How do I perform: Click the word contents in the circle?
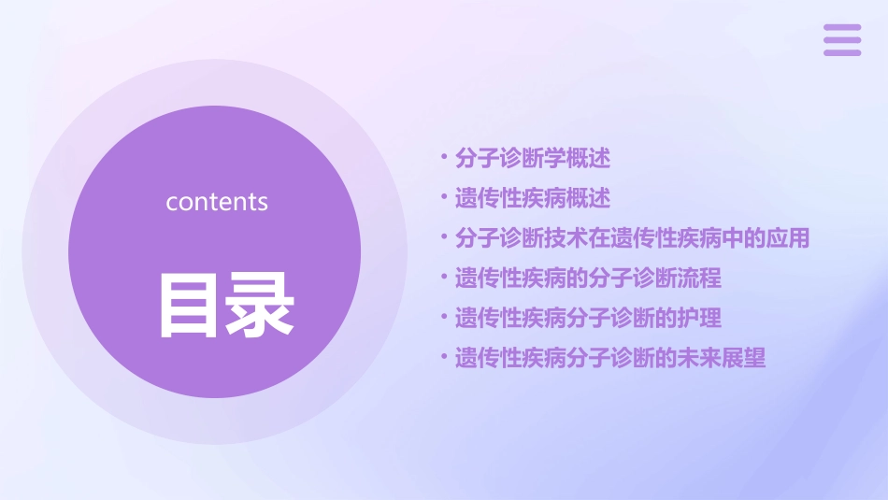click(x=217, y=202)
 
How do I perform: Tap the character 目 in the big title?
click(x=185, y=305)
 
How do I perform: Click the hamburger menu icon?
click(x=841, y=40)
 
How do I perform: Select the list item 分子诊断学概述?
click(x=533, y=158)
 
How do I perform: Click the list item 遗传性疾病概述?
click(x=533, y=198)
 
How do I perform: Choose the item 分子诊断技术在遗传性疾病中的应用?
click(x=632, y=237)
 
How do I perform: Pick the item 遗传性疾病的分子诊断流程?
click(x=588, y=278)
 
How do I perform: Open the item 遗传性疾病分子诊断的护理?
click(x=588, y=318)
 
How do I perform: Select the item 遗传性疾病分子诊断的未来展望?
click(x=610, y=358)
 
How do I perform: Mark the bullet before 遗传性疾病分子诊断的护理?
click(x=444, y=317)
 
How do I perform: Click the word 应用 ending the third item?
click(x=787, y=237)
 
